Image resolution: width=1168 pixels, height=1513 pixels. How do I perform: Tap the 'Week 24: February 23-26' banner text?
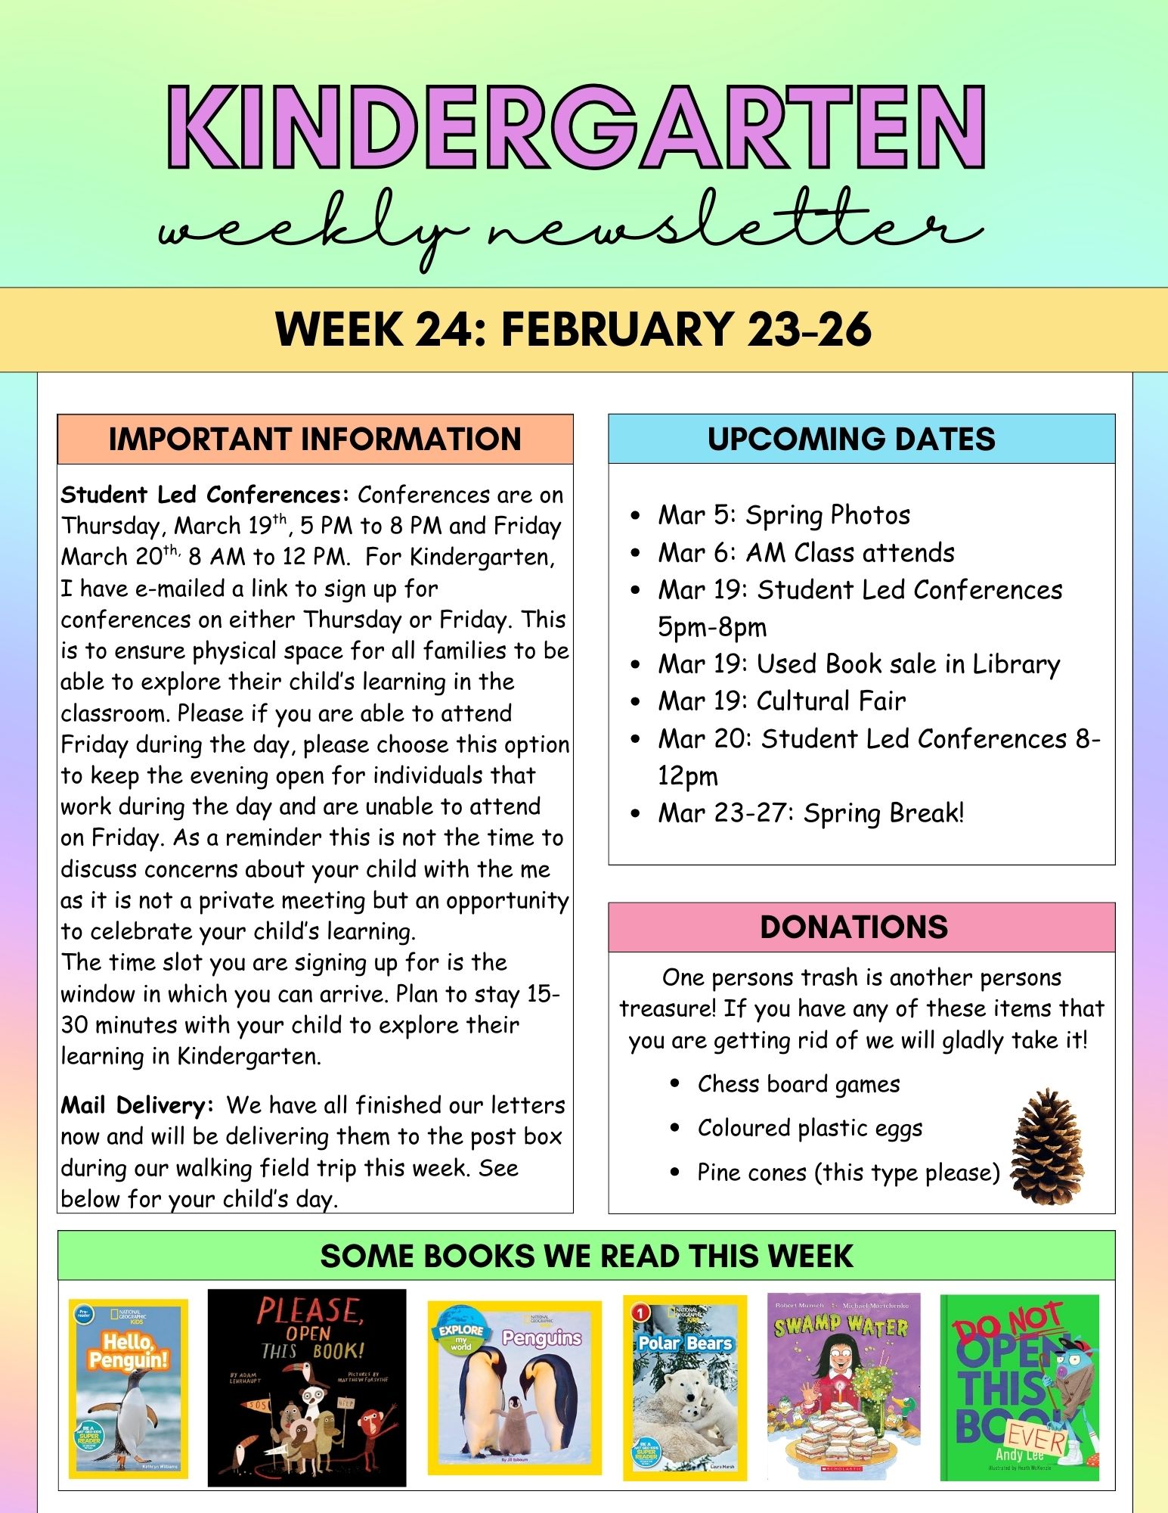pos(573,329)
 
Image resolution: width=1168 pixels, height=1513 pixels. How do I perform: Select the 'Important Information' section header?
pos(314,439)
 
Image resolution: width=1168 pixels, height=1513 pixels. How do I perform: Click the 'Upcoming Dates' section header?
pos(851,439)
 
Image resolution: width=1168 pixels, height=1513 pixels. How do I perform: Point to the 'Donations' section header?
pos(854,927)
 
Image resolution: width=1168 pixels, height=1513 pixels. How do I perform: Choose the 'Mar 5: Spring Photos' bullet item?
pos(783,515)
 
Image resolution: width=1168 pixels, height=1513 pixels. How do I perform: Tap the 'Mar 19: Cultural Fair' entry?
pos(781,701)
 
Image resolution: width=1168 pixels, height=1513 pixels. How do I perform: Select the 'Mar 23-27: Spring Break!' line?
pos(810,813)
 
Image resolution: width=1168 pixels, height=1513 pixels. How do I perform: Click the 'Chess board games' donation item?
pos(798,1084)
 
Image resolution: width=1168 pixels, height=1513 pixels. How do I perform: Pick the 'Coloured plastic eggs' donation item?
pos(810,1128)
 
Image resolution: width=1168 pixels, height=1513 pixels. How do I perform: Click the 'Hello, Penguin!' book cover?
pos(129,1388)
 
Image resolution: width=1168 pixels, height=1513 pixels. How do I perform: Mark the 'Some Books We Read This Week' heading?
pos(586,1257)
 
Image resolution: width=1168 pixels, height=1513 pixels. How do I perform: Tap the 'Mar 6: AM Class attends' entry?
pos(806,553)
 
